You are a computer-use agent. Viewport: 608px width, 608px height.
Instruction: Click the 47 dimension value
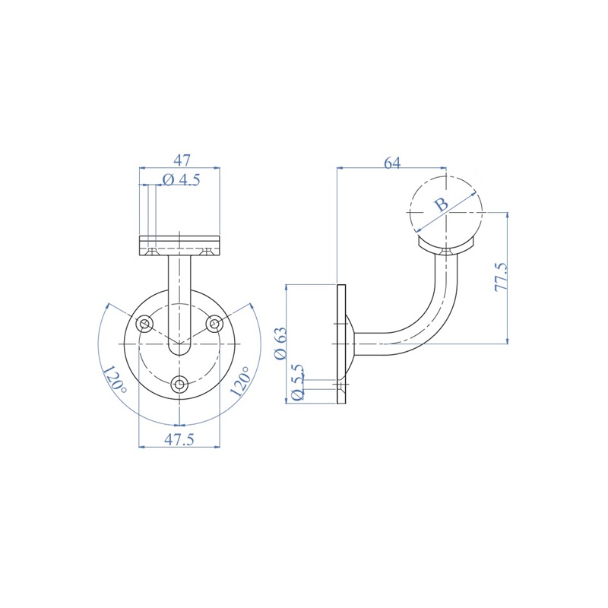point(182,160)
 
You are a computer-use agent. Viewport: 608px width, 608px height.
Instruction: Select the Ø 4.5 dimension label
point(181,179)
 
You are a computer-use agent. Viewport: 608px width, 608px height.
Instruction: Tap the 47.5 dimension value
point(179,439)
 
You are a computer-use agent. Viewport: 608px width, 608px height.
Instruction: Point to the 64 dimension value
point(392,163)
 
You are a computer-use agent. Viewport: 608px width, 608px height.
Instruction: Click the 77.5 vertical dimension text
point(501,277)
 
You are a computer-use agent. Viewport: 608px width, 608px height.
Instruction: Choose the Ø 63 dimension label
point(280,343)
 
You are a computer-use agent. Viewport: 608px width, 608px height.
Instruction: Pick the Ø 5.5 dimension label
point(297,382)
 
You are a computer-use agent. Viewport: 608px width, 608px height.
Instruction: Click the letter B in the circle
point(441,204)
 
